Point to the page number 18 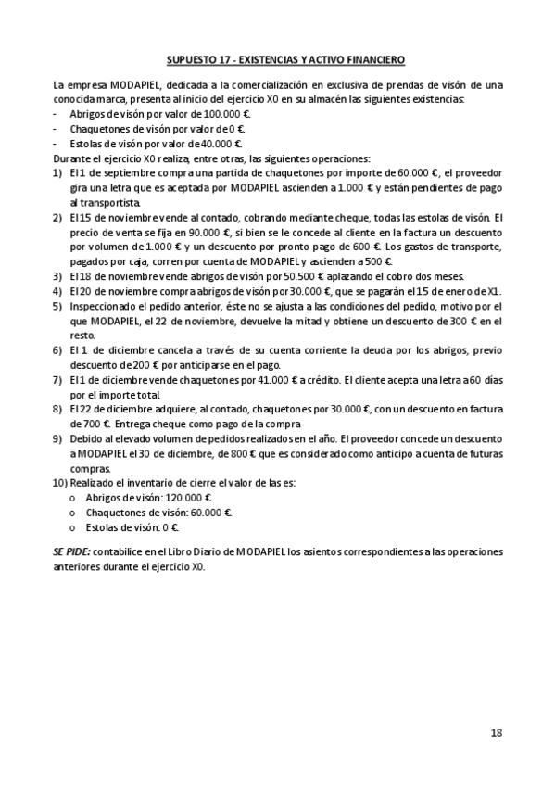point(497,733)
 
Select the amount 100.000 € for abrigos point(228,113)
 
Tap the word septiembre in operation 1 point(116,173)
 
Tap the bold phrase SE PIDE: point(71,551)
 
